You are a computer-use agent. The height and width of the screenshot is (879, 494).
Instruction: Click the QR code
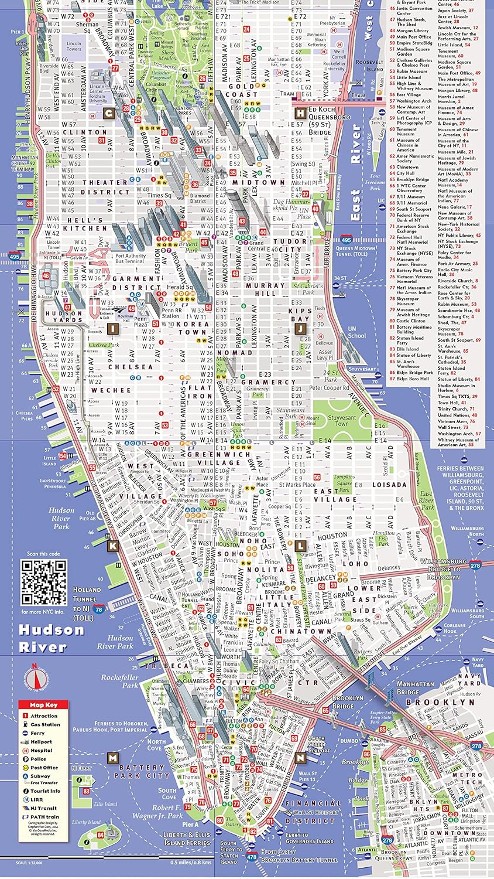pos(44,582)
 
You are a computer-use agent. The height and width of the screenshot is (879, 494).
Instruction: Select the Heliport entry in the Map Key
pos(41,741)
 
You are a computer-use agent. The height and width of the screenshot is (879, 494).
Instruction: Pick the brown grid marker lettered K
pos(112,546)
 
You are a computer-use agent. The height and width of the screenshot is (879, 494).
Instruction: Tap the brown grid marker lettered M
pos(112,758)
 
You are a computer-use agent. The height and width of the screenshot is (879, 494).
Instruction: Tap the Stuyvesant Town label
pos(341,421)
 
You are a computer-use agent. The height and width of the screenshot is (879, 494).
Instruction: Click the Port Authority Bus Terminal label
pos(131,258)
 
